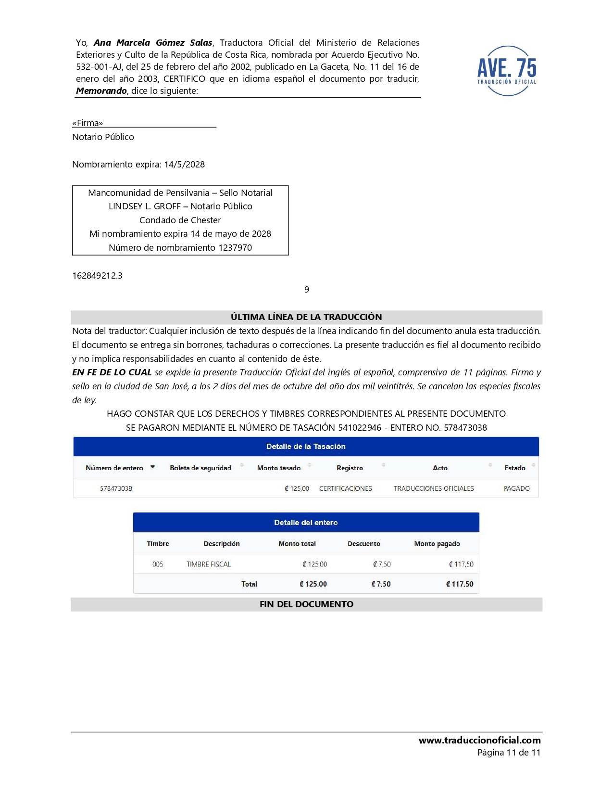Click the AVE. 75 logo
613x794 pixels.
coord(507,71)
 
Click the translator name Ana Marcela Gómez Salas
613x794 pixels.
coord(153,43)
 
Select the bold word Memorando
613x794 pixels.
coord(101,91)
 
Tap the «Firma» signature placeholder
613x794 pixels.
coord(88,123)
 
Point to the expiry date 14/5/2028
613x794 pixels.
coord(185,165)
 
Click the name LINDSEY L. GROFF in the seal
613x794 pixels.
coord(144,206)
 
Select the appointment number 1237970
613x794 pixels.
coord(235,248)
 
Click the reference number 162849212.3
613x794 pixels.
coord(97,276)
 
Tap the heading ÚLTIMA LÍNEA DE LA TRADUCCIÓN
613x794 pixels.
coord(306,317)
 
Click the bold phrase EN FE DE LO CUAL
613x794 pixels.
coord(112,372)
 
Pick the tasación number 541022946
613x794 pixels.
coord(360,428)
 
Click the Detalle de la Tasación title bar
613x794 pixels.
coord(306,447)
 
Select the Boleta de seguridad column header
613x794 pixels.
coord(200,468)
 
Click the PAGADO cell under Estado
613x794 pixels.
coord(516,488)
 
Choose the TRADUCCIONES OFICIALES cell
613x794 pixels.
coord(434,488)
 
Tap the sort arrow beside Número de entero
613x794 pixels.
coord(153,467)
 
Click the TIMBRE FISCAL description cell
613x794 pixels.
coord(209,564)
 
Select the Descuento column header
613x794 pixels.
coord(363,544)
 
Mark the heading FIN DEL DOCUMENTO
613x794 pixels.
coord(306,604)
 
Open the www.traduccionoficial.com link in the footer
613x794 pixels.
coord(479,741)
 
